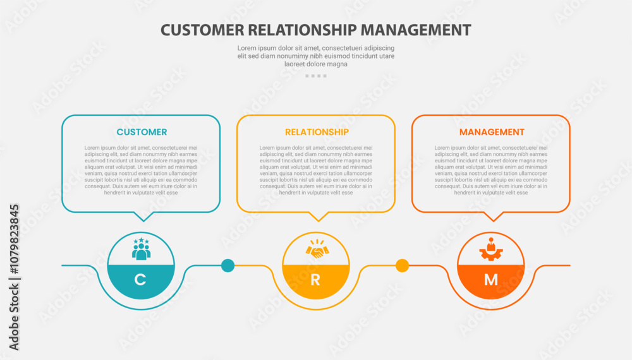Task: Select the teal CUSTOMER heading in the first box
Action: click(x=142, y=132)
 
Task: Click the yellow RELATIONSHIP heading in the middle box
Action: click(x=317, y=132)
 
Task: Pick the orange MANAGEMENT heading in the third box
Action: click(x=492, y=132)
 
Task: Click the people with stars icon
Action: click(x=141, y=248)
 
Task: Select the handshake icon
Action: click(x=316, y=249)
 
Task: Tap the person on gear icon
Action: click(x=491, y=249)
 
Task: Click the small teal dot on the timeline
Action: click(x=228, y=265)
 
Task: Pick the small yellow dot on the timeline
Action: click(x=403, y=265)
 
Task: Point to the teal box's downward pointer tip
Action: click(x=145, y=220)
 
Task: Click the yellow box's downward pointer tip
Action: click(x=320, y=220)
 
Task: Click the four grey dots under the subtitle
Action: click(x=316, y=76)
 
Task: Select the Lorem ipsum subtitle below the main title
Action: click(x=316, y=56)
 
